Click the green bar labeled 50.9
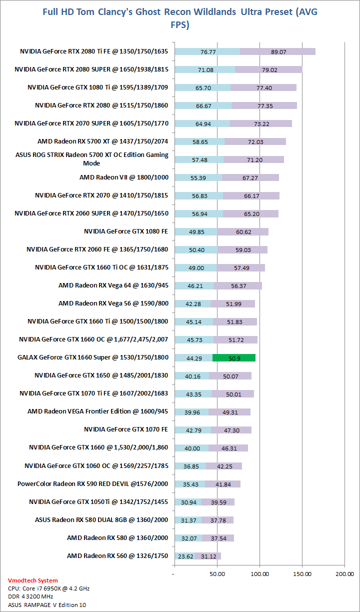tap(234, 357)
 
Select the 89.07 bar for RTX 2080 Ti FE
tap(278, 51)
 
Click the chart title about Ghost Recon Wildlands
tap(180, 18)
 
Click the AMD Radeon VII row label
tap(123, 177)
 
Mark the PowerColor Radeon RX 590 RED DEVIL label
tap(92, 484)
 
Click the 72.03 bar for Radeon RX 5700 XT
tap(255, 141)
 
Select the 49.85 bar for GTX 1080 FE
tap(195, 231)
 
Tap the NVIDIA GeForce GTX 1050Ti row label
tap(98, 502)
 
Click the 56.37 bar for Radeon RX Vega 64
tap(238, 285)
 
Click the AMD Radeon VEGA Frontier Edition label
tap(97, 411)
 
